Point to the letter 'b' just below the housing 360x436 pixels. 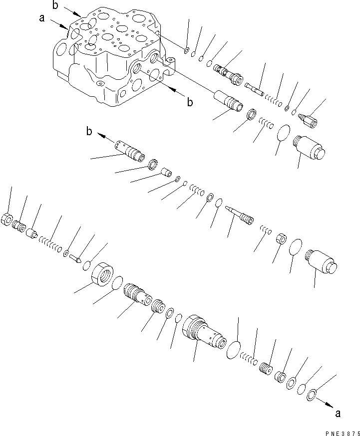pyautogui.click(x=190, y=103)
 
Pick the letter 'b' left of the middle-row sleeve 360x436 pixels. pyautogui.click(x=89, y=132)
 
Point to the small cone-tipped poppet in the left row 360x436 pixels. pyautogui.click(x=76, y=258)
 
